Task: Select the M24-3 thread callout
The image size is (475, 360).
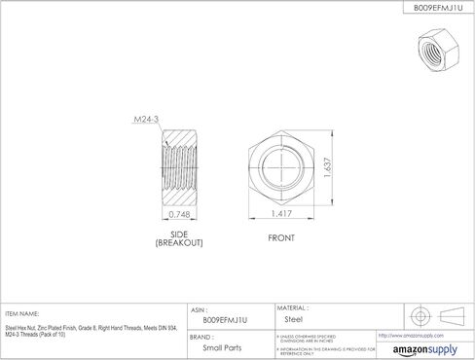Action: pos(146,121)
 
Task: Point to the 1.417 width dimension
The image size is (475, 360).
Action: pos(282,213)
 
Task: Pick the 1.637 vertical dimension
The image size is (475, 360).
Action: pos(332,166)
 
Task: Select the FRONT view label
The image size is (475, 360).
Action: pos(282,234)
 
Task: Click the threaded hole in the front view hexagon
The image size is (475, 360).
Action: pos(282,166)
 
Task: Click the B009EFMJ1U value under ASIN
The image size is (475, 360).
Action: pos(225,318)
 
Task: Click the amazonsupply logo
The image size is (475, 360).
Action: pos(424,348)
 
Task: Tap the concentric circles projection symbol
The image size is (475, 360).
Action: pos(420,316)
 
